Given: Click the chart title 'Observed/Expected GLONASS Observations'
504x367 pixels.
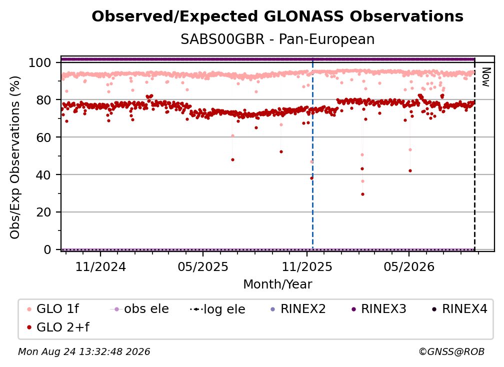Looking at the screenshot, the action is click(277, 16).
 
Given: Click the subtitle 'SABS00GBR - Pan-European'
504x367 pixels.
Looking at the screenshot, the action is click(277, 39).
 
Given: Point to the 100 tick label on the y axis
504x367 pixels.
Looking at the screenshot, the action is click(39, 62).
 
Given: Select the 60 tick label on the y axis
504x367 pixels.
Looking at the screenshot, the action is click(43, 137).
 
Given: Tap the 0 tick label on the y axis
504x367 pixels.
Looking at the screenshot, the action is click(47, 249).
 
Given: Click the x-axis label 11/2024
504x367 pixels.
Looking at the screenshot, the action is click(100, 266).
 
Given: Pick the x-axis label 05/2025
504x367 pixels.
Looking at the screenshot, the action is click(203, 266).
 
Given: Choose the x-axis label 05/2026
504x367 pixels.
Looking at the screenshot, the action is click(409, 266).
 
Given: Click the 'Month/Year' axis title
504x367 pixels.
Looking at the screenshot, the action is click(277, 284).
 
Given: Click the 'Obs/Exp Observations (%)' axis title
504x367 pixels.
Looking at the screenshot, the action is click(15, 157).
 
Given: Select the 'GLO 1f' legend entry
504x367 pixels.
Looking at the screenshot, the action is click(53, 309).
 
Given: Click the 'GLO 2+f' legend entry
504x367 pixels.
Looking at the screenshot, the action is click(58, 327).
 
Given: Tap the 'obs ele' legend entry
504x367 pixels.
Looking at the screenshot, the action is click(139, 309).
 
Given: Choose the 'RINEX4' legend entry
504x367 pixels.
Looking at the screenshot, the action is click(459, 309).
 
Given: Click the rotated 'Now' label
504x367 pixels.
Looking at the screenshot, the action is click(485, 77).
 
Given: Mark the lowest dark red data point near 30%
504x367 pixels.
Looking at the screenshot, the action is click(362, 194).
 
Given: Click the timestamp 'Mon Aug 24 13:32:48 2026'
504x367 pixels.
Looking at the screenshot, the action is click(84, 351).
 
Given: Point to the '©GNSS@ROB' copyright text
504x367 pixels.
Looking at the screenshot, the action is click(451, 351).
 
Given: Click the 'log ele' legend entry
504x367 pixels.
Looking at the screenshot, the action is click(217, 309).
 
